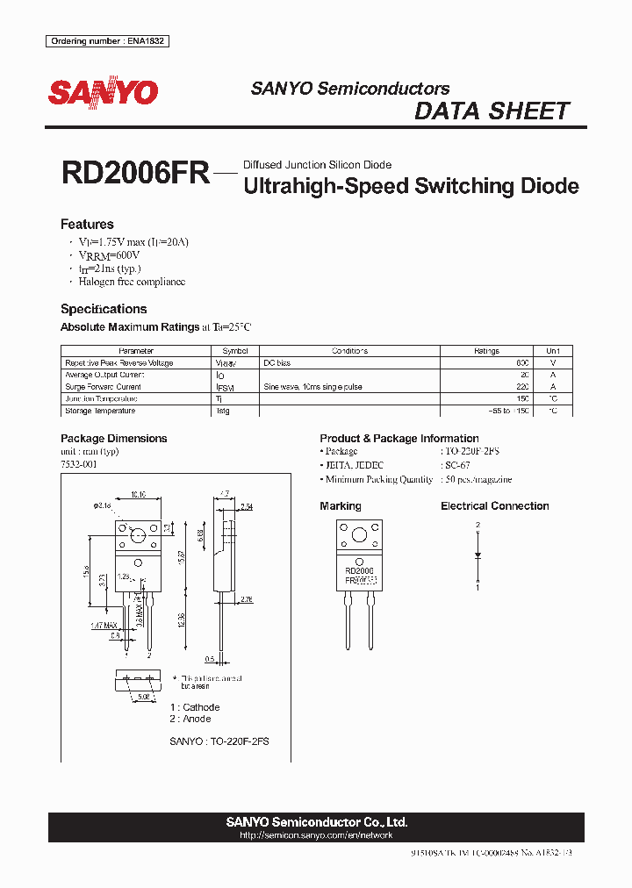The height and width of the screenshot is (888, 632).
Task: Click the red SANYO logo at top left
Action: (103, 92)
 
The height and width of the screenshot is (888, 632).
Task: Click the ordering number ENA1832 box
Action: (107, 41)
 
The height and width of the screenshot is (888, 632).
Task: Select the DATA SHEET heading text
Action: (492, 111)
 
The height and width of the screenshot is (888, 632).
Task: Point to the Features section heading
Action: (87, 224)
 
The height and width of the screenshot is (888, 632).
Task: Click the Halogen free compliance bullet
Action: (132, 282)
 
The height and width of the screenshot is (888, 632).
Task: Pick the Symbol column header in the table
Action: (235, 351)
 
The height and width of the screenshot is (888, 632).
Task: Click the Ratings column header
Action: (486, 351)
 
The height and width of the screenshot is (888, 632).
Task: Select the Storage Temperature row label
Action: (100, 411)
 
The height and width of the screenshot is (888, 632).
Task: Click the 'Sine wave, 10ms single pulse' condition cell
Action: (312, 387)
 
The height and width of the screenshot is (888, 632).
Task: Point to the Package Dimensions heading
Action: (113, 438)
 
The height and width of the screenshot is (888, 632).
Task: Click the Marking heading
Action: (341, 506)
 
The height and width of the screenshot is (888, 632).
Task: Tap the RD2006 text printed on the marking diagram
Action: (359, 570)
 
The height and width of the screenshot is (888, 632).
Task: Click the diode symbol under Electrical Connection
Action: (478, 555)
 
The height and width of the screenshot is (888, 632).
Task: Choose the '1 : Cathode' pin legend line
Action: (194, 707)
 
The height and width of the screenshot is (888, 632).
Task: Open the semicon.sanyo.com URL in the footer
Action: (316, 835)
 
